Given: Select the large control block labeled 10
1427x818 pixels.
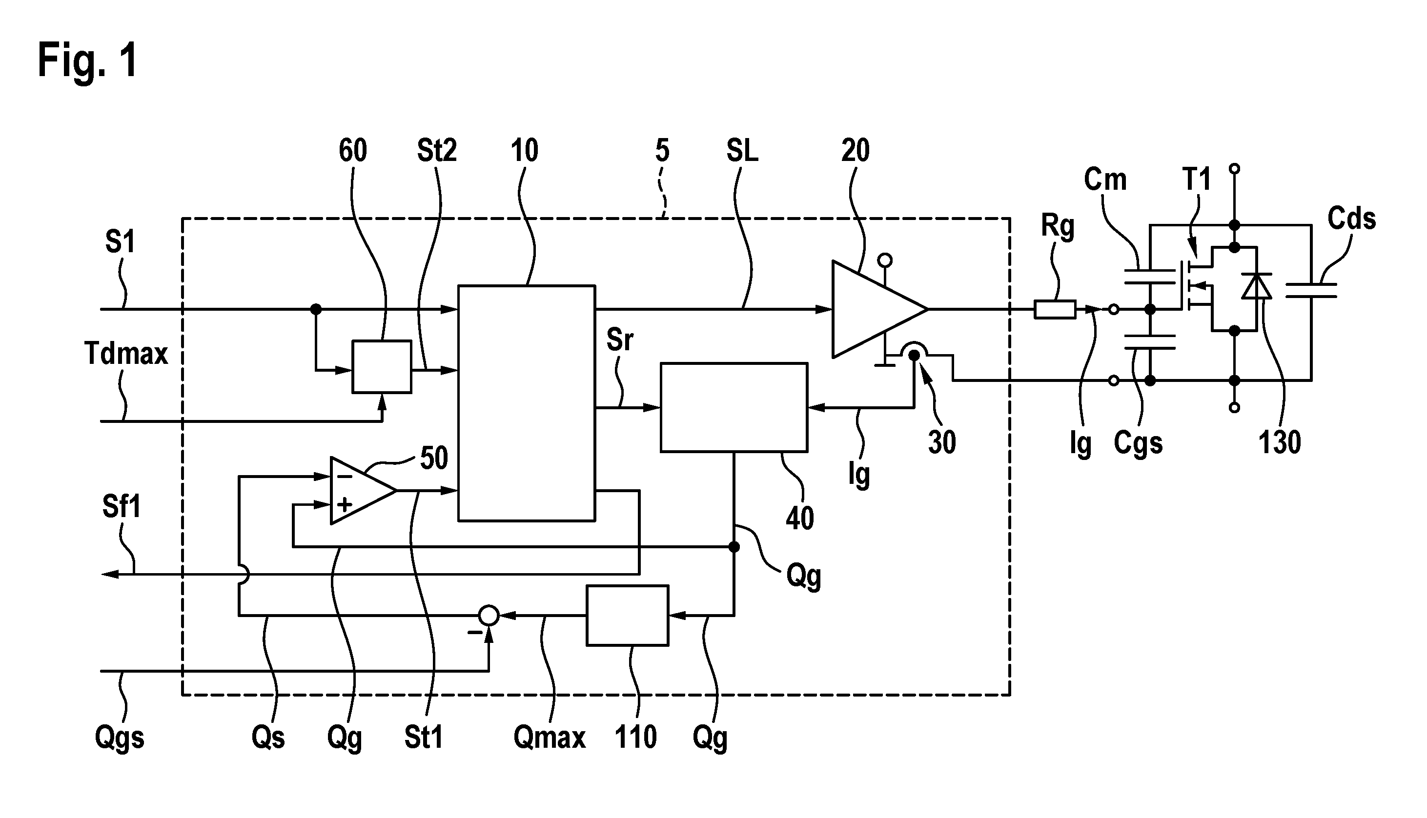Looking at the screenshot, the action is pyautogui.click(x=526, y=403).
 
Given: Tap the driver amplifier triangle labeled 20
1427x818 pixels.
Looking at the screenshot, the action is pyautogui.click(x=879, y=309).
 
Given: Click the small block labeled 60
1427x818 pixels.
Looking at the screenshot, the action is pyautogui.click(x=382, y=366).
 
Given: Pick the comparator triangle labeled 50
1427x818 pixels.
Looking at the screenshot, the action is pyautogui.click(x=363, y=491).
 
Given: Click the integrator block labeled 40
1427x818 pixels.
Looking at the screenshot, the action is pyautogui.click(x=734, y=407).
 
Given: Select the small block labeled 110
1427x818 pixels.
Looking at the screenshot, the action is pyautogui.click(x=627, y=615).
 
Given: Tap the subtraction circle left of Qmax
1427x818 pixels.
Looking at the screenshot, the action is pyautogui.click(x=489, y=615).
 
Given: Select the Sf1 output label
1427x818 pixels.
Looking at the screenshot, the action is pyautogui.click(x=122, y=507).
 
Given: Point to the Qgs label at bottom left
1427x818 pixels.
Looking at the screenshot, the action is pyautogui.click(x=119, y=738).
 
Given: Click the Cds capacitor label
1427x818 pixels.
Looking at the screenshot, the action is pyautogui.click(x=1351, y=218).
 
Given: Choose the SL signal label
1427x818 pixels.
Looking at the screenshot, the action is pyautogui.click(x=742, y=151).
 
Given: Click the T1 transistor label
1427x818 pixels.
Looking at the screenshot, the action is pyautogui.click(x=1197, y=180).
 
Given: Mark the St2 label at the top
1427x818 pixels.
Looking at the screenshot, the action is pyautogui.click(x=437, y=151).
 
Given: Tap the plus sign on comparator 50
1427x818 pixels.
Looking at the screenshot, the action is pyautogui.click(x=345, y=504).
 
